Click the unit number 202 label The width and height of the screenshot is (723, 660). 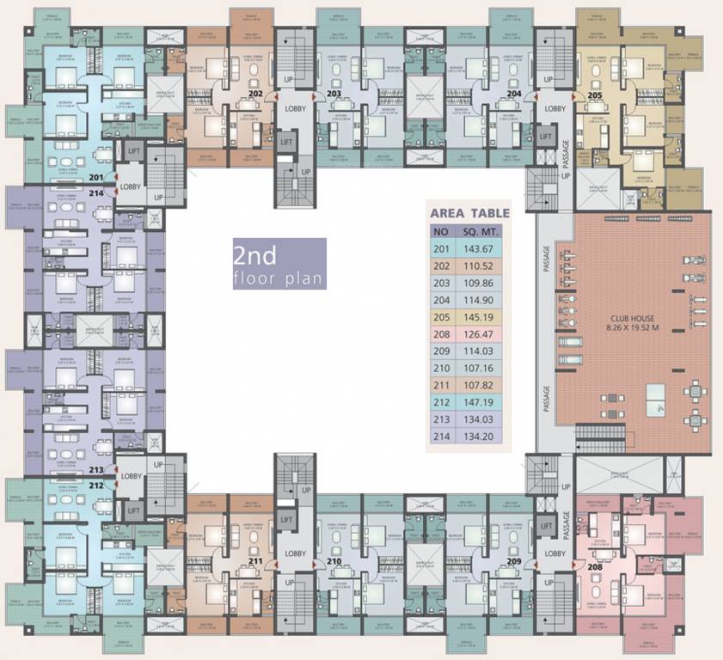point(255,93)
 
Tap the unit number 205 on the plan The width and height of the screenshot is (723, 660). point(594,96)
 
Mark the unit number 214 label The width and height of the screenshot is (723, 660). point(96,194)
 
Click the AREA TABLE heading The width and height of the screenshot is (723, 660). point(469,213)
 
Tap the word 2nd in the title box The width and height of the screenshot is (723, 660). point(254,257)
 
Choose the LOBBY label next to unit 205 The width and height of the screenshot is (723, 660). point(555,108)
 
